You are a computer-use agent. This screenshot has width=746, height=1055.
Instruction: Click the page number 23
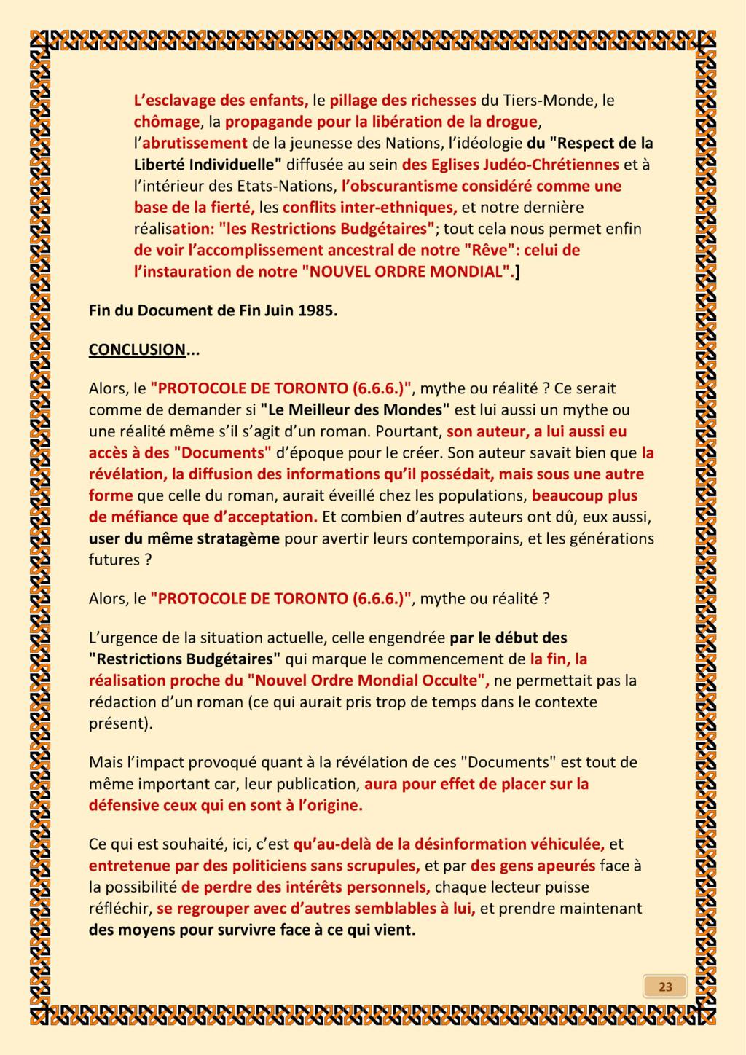tap(665, 987)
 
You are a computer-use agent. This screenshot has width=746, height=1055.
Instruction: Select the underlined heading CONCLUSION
tap(137, 350)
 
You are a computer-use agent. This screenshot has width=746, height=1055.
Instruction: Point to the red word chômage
tap(167, 122)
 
